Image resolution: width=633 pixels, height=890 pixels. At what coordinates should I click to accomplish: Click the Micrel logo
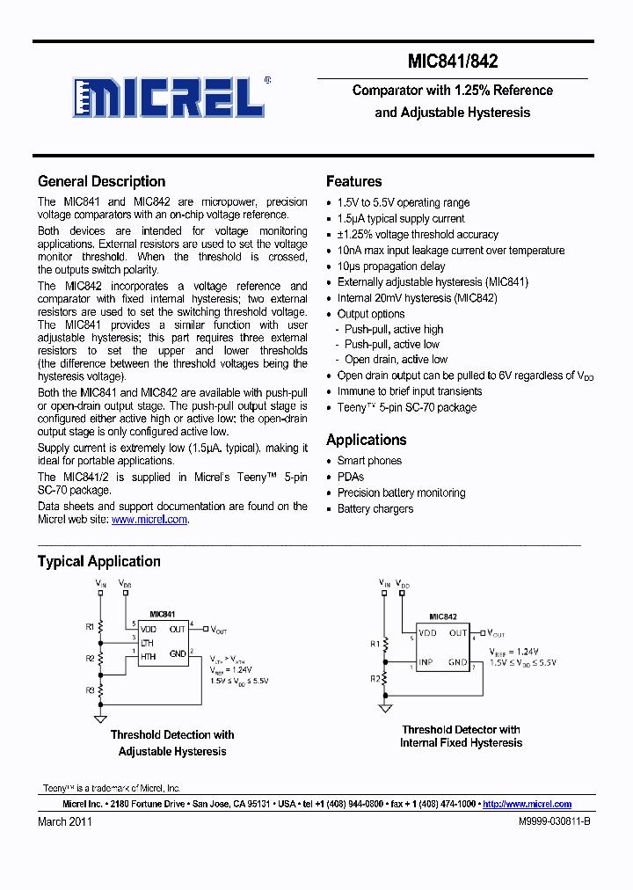pos(168,97)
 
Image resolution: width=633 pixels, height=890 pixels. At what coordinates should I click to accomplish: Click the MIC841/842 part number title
pos(453,62)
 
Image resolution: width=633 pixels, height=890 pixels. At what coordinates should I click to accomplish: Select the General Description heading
pos(101,181)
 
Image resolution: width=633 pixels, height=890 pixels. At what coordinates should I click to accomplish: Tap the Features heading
pos(353,181)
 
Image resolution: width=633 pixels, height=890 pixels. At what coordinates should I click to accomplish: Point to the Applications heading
pos(366,440)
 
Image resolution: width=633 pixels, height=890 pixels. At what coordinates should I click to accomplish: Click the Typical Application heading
pos(98,561)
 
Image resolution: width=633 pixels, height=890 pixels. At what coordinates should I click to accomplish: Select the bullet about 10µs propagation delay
pos(391,266)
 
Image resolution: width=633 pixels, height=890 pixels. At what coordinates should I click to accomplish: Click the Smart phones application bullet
pos(369,461)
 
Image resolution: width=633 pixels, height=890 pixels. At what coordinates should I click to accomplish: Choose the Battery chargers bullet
pos(375,509)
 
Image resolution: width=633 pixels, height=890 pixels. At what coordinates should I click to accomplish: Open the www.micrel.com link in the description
pos(149,520)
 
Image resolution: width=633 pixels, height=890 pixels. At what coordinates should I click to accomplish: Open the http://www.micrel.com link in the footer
pos(527,804)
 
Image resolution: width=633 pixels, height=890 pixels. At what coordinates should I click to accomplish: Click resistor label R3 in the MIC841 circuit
pos(90,690)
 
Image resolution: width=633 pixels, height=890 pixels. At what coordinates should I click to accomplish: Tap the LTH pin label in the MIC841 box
pos(148,643)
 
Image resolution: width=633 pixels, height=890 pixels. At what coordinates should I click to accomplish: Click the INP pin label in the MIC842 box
pos(426,662)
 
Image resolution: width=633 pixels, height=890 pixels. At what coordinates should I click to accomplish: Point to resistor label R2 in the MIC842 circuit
pos(374,678)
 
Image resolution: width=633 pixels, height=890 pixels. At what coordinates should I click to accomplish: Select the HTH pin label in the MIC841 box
pos(149,655)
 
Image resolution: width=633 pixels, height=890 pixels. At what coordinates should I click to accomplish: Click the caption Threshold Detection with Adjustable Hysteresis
pos(172,743)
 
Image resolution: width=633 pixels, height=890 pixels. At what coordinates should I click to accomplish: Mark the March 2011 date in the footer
pos(64,821)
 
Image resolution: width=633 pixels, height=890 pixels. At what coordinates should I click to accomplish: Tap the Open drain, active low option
pos(396,360)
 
